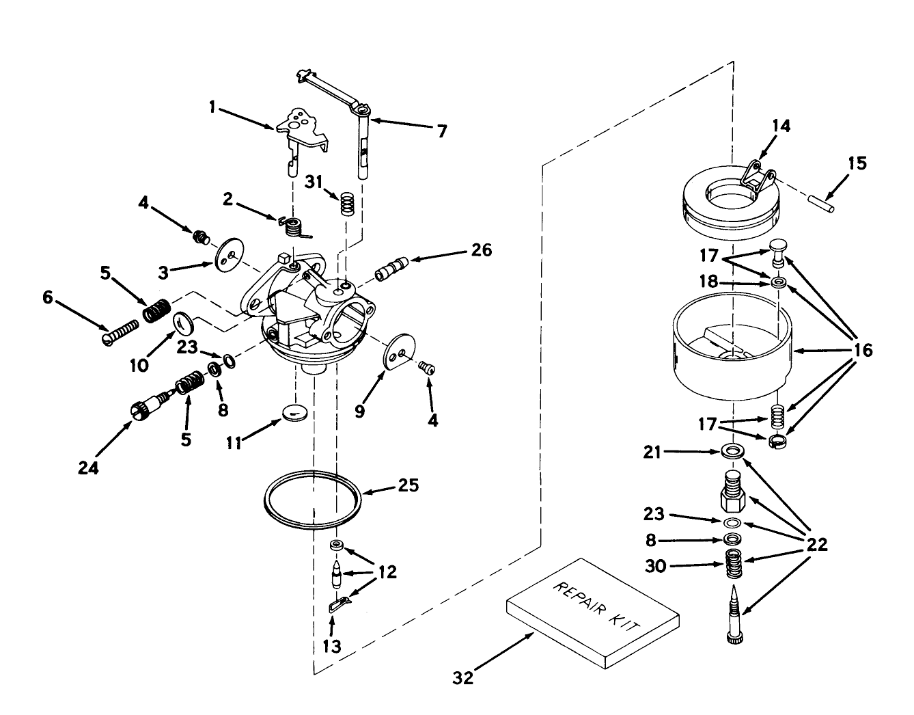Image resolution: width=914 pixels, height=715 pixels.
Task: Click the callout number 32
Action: point(462,677)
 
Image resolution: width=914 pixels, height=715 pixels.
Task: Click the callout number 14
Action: point(781,126)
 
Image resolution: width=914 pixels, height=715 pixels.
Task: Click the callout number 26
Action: point(481,250)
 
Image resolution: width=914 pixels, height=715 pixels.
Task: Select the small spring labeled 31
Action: point(348,203)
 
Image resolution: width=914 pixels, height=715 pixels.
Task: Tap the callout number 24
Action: point(89,468)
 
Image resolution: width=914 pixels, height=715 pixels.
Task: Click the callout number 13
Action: point(331,645)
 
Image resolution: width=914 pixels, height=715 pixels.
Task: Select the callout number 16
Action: point(863,351)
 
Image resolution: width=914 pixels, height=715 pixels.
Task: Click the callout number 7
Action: point(441,131)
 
